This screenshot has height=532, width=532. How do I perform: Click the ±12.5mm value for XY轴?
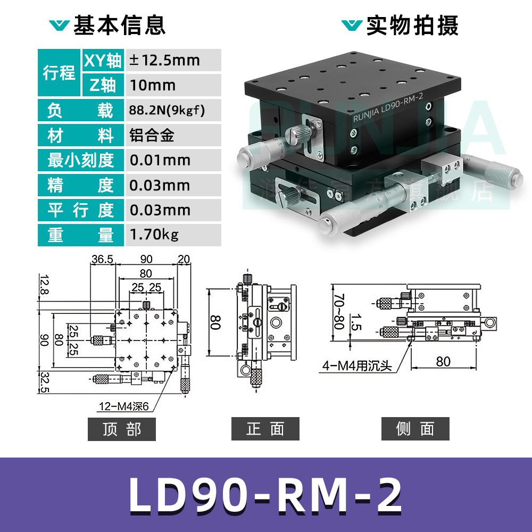[164, 60]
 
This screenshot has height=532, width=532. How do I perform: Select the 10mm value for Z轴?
[153, 85]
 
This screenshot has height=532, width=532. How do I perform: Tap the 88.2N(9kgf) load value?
[167, 110]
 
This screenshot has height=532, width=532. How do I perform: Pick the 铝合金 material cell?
[152, 135]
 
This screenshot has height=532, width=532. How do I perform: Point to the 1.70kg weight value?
[154, 235]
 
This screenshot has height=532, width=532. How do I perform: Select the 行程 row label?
[59, 73]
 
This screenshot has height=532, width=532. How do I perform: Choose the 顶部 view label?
[121, 429]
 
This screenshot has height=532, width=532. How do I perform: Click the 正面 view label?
[265, 429]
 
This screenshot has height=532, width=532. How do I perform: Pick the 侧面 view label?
[415, 429]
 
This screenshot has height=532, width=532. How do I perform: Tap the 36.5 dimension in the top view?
[102, 259]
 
